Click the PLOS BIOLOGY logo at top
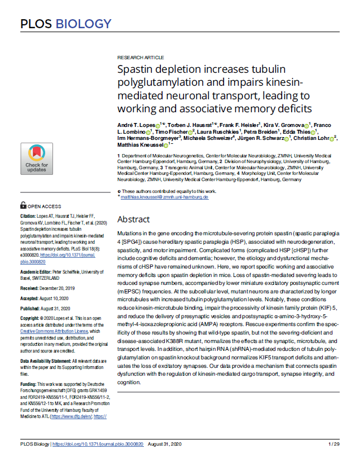(x=66, y=24)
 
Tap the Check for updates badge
(x=37, y=158)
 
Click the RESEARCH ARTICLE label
(x=141, y=58)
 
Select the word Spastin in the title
(x=136, y=71)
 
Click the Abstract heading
(x=133, y=219)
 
